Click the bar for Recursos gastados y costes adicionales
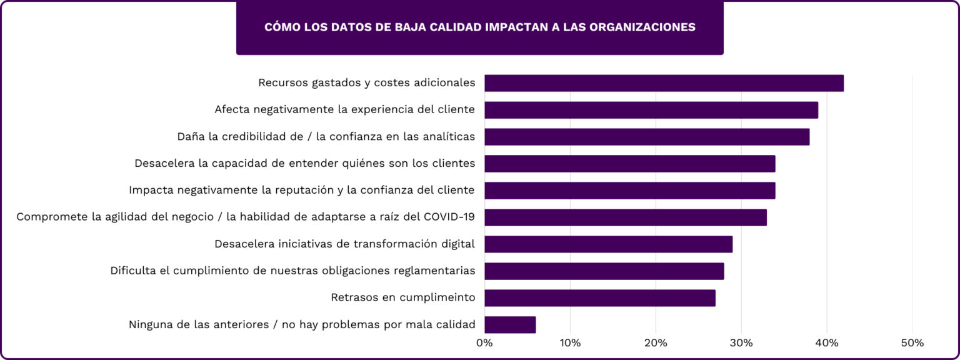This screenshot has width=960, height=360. point(664,83)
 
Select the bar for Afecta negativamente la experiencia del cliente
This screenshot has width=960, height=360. point(651,110)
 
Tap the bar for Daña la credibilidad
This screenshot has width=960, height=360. point(646,137)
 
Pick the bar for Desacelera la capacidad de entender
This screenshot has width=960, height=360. point(629,164)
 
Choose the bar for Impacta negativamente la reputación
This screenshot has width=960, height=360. point(629,191)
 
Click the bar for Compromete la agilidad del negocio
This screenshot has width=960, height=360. point(625,217)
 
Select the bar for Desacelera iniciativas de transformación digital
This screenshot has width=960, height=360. point(608,244)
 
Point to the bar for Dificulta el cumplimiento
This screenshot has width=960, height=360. point(604,271)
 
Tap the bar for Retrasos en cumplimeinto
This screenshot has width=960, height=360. point(599,298)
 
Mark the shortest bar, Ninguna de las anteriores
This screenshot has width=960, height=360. point(510,325)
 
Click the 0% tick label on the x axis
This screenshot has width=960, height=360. point(484,343)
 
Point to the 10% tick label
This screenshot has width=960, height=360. point(570,343)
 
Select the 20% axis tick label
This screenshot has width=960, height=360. point(656,343)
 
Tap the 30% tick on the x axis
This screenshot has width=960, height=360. point(741,343)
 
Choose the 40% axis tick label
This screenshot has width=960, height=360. point(827,343)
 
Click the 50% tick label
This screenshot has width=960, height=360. point(912,343)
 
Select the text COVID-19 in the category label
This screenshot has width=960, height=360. point(449,217)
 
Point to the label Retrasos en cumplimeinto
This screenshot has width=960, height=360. point(402,297)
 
